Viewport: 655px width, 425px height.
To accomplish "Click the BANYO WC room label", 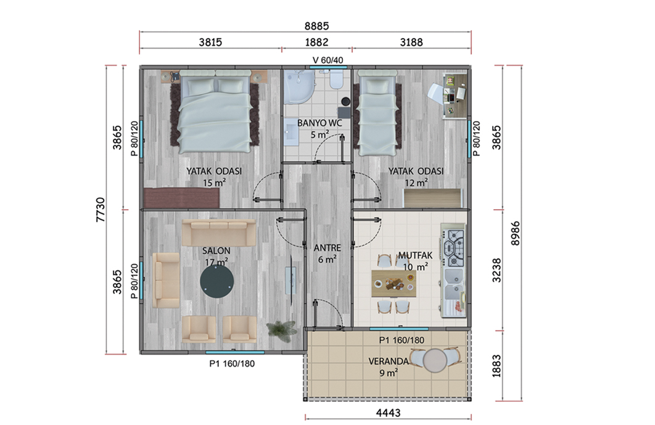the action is pyautogui.click(x=319, y=123).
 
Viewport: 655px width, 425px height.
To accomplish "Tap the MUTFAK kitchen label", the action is pyautogui.click(x=415, y=255).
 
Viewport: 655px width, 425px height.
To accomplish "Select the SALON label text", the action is pyautogui.click(x=216, y=250).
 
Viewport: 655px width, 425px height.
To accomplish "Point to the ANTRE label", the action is pyautogui.click(x=327, y=248).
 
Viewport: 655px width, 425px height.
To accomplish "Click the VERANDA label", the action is pyautogui.click(x=389, y=361).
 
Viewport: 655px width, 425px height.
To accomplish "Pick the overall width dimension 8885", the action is pyautogui.click(x=316, y=26).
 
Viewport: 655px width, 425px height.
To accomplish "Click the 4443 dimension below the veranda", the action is pyautogui.click(x=388, y=413).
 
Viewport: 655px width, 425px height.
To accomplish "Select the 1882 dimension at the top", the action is pyautogui.click(x=316, y=42).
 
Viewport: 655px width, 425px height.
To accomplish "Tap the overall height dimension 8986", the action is pyautogui.click(x=516, y=233).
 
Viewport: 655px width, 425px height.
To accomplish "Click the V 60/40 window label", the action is pyautogui.click(x=328, y=60).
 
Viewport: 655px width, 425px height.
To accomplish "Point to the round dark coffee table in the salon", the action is pyautogui.click(x=217, y=282).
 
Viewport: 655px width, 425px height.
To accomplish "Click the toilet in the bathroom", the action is pyautogui.click(x=336, y=78).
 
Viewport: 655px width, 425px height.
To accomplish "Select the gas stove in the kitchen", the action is pyautogui.click(x=454, y=248).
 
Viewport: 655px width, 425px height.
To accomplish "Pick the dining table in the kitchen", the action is pyautogui.click(x=393, y=284).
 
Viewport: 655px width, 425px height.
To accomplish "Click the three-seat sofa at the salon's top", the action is pyautogui.click(x=218, y=233).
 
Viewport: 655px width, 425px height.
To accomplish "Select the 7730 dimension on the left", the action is pyautogui.click(x=101, y=209).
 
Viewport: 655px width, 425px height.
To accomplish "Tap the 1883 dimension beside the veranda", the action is pyautogui.click(x=496, y=366).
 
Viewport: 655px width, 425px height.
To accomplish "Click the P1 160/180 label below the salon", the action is pyautogui.click(x=232, y=363).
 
